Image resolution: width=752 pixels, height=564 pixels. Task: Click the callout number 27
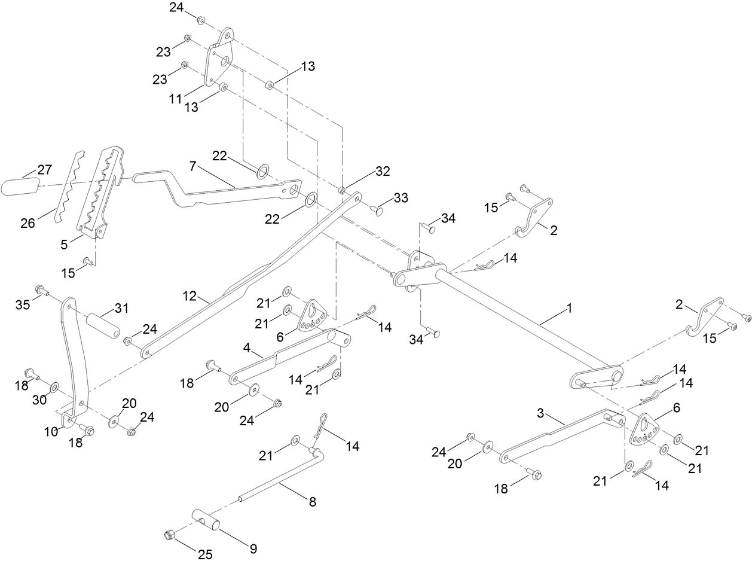45,170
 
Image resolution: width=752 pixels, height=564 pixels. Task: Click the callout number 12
190,295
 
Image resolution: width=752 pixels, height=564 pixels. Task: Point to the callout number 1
569,308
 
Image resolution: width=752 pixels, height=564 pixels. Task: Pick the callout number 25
205,554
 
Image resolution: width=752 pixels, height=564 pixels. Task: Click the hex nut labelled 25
169,534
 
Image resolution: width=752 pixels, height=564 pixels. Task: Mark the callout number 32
383,171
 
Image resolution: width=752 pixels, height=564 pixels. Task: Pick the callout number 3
540,413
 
